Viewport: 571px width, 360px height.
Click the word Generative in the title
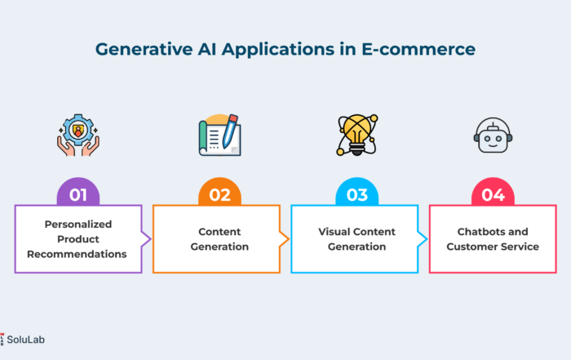tap(144, 49)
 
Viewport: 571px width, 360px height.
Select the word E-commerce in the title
tap(418, 49)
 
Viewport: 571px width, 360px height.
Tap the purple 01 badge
tap(78, 193)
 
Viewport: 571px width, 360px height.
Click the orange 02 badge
tap(219, 193)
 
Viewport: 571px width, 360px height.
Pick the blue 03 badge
tap(357, 193)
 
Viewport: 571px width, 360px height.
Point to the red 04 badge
tap(493, 193)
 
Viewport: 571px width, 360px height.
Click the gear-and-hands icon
tap(78, 135)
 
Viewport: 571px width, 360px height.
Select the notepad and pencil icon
tap(219, 135)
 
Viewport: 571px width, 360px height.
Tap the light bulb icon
tap(357, 135)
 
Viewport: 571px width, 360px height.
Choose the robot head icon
tap(493, 135)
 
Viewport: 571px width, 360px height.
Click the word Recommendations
tap(77, 254)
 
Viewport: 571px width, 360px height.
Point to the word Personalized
tap(78, 224)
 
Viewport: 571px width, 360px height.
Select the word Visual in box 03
tap(330, 232)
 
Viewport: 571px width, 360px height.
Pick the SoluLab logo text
tap(25, 340)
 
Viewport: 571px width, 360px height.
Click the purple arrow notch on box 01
tap(146, 239)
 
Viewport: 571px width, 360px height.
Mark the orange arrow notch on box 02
tap(285, 239)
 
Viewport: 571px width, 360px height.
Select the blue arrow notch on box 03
tap(423, 239)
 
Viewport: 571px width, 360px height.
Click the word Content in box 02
tap(219, 232)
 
